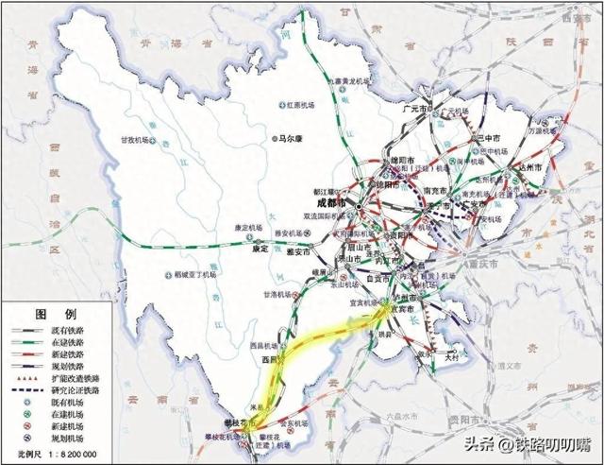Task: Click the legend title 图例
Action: [x=49, y=313]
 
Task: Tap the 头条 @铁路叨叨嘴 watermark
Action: [x=534, y=443]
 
